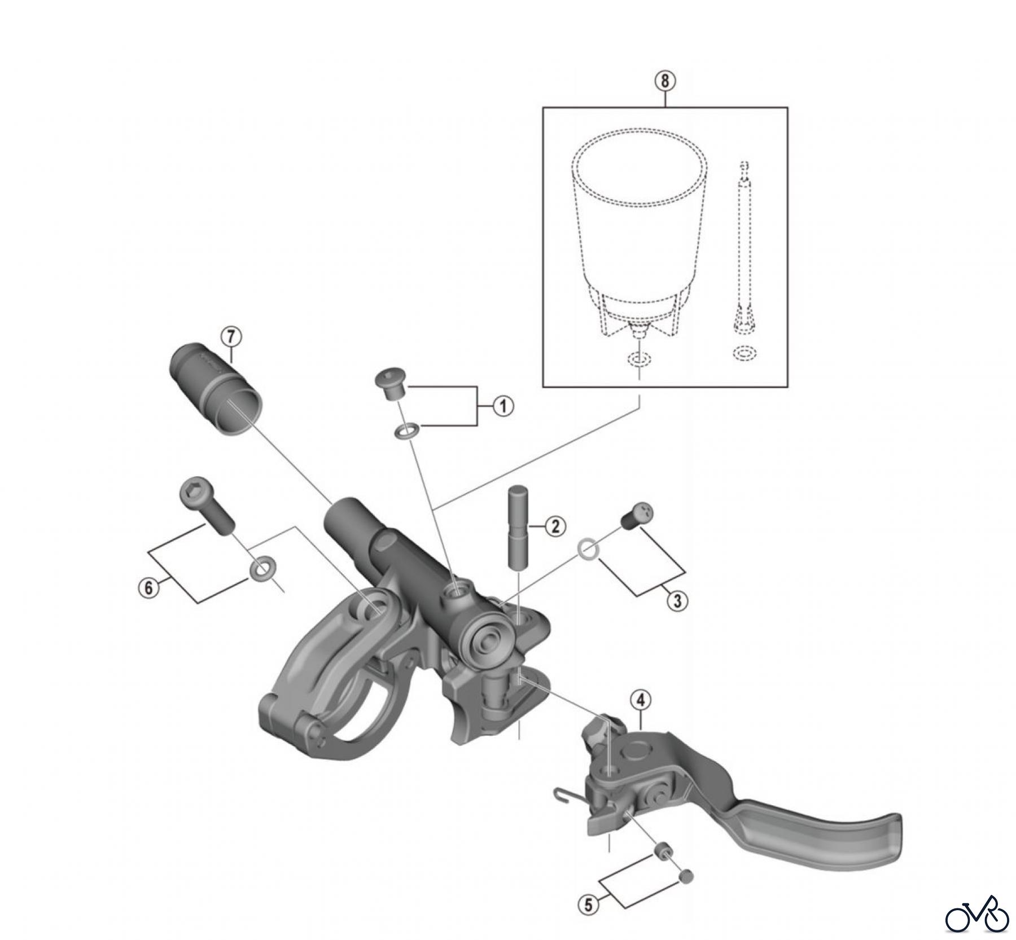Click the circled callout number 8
point(665,81)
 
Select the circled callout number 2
point(555,526)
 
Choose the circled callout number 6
point(148,588)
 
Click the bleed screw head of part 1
point(389,384)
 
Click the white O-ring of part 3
point(588,548)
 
